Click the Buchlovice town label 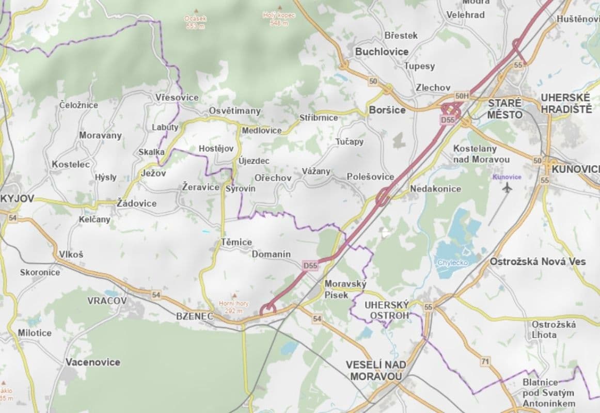pyautogui.click(x=382, y=52)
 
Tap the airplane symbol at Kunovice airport pyautogui.click(x=507, y=188)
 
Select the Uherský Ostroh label pyautogui.click(x=387, y=310)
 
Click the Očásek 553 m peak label pyautogui.click(x=195, y=22)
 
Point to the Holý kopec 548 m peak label pyautogui.click(x=279, y=20)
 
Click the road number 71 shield pyautogui.click(x=484, y=362)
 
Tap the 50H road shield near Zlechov pyautogui.click(x=462, y=96)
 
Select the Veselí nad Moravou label pyautogui.click(x=376, y=370)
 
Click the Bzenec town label pyautogui.click(x=194, y=316)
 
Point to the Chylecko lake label pyautogui.click(x=452, y=263)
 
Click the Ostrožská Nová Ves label pyautogui.click(x=538, y=261)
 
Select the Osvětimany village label pyautogui.click(x=235, y=111)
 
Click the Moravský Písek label pyautogui.click(x=345, y=289)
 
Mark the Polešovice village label pyautogui.click(x=370, y=177)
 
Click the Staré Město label pyautogui.click(x=505, y=108)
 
